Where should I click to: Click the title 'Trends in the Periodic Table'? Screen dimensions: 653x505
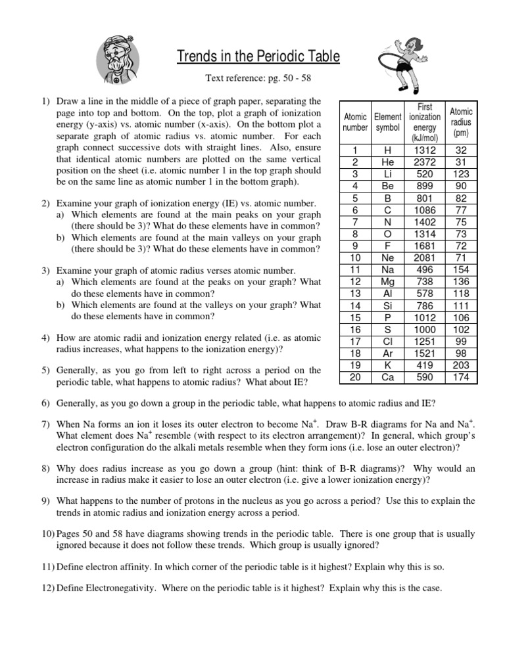click(258, 57)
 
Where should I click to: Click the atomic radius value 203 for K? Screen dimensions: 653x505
click(461, 365)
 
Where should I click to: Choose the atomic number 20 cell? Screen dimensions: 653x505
click(355, 377)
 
